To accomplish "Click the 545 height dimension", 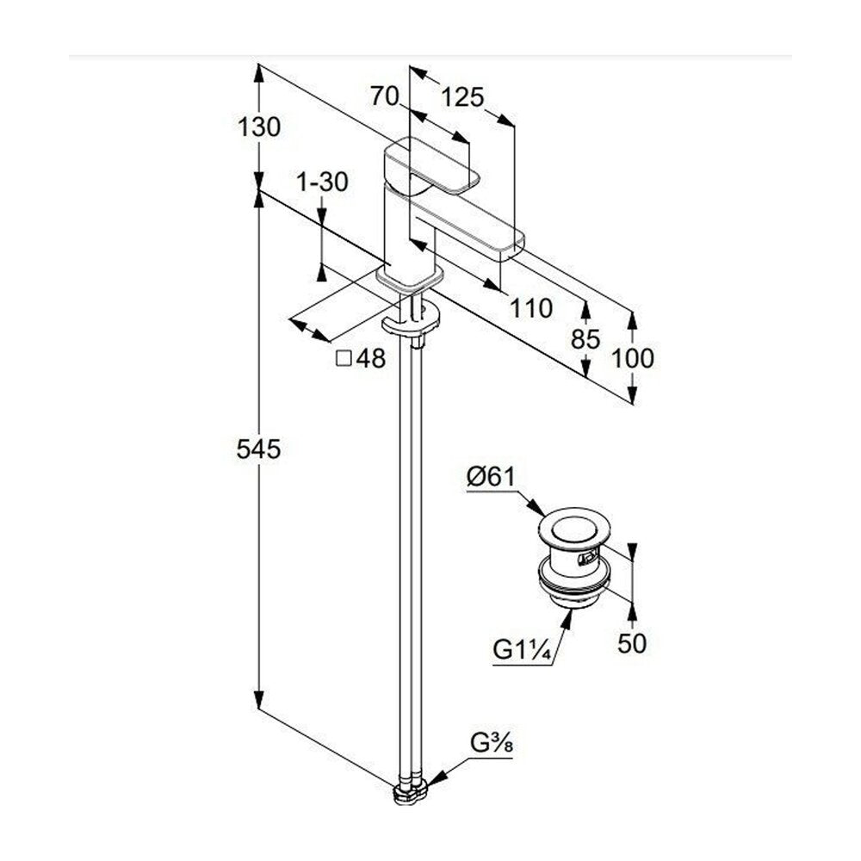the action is [x=258, y=449].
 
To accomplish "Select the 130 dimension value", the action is [x=258, y=127].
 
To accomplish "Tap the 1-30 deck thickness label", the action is [x=322, y=182].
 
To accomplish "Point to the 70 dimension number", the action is [x=384, y=96].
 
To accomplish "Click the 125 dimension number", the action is [x=463, y=98].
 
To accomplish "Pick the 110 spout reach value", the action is [x=531, y=308].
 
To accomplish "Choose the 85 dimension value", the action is [x=585, y=340].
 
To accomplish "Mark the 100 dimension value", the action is [x=633, y=358].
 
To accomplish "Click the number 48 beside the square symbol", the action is [x=371, y=358].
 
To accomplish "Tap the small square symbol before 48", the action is [x=344, y=358].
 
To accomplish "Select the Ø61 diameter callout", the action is [x=492, y=477].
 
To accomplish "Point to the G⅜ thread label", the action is [x=492, y=744].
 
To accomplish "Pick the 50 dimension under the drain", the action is [x=632, y=643].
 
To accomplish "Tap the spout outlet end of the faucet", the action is [x=511, y=245].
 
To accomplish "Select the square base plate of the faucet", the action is [x=410, y=278].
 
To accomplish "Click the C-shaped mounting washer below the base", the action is [x=411, y=319].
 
